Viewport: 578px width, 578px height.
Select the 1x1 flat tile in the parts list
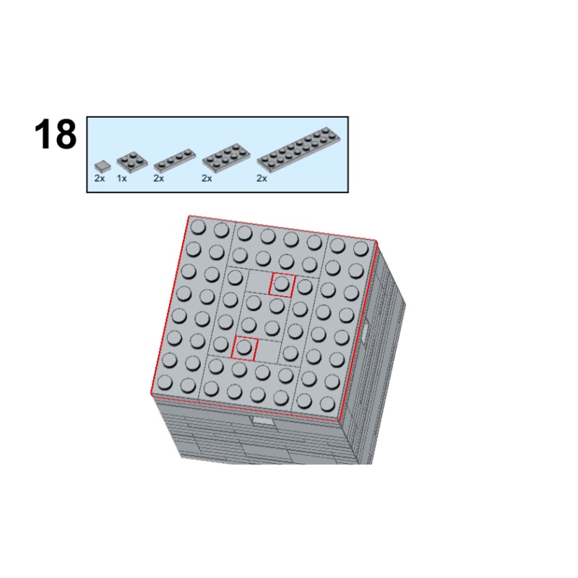click(x=102, y=165)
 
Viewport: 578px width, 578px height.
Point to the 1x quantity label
click(x=121, y=178)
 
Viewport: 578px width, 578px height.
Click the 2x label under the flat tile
click(x=99, y=178)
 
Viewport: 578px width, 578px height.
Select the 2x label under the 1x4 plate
click(x=159, y=178)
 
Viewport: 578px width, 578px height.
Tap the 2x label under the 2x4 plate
click(x=207, y=178)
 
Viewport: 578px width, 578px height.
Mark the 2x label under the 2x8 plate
click(x=262, y=178)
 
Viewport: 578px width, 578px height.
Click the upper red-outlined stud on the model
click(x=282, y=284)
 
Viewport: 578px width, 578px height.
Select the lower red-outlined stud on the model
click(x=245, y=348)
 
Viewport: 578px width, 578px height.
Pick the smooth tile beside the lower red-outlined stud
click(x=268, y=350)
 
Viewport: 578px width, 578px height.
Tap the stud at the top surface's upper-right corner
click(x=361, y=246)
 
